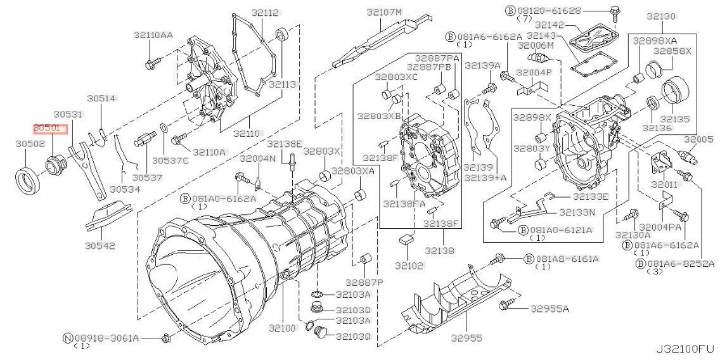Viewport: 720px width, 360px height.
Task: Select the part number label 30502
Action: tap(30, 144)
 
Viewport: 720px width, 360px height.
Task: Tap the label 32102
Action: tap(409, 266)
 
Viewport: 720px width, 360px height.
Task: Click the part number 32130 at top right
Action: tap(661, 16)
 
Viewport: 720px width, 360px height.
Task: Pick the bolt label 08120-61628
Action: tap(549, 10)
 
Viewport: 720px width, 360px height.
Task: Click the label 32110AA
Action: tap(153, 35)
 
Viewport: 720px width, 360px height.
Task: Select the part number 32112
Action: tap(266, 13)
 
